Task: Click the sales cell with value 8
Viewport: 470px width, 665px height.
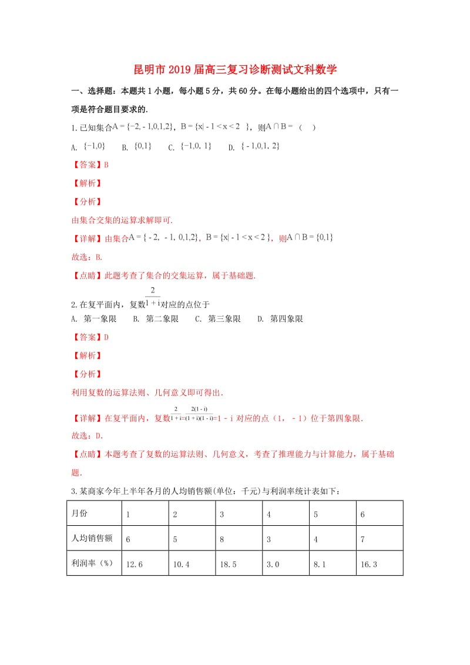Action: tap(221, 539)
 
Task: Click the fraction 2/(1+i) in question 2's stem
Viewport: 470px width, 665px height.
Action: tap(152, 297)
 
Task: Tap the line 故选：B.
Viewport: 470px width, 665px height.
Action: tap(87, 257)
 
